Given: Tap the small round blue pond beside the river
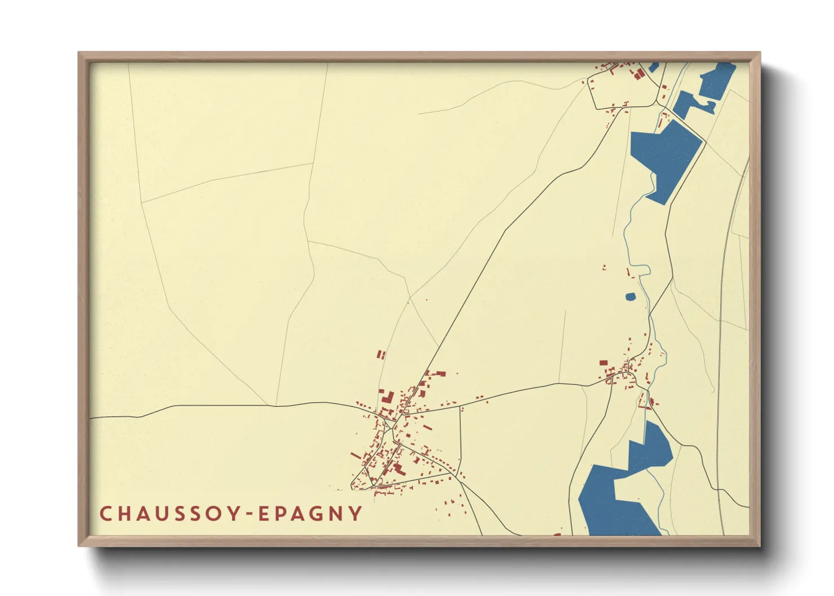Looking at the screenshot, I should tap(631, 296).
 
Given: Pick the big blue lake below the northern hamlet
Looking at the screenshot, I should tap(665, 158).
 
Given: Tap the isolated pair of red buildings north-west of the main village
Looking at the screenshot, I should tap(381, 355).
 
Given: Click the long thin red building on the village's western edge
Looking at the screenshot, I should tap(356, 455).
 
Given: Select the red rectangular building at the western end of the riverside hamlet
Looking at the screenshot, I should tap(604, 363).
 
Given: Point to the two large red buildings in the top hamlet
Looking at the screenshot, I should tap(638, 74).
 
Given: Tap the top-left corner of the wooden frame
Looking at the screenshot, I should tap(79, 54).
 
